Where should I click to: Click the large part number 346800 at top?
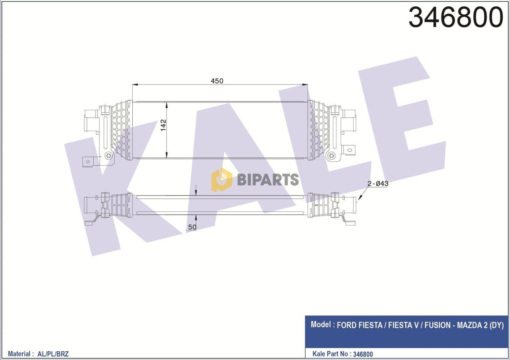(x=456, y=18)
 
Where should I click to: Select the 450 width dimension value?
(x=217, y=81)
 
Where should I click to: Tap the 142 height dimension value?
(x=163, y=125)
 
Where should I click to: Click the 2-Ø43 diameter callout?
(x=377, y=184)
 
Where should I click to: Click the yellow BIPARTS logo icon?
(x=222, y=180)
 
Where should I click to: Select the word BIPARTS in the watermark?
(x=268, y=180)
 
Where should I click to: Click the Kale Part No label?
(x=329, y=354)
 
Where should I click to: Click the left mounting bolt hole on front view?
(x=108, y=155)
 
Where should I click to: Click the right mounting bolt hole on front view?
(x=331, y=155)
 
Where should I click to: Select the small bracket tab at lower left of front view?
(x=90, y=161)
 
